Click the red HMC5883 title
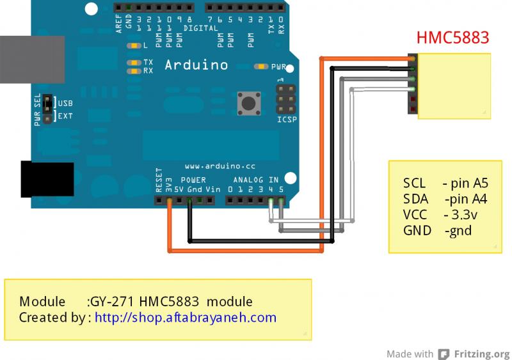(x=453, y=38)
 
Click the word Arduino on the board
(x=196, y=65)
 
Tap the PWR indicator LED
(x=261, y=66)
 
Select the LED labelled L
(x=134, y=46)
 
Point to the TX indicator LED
(x=134, y=62)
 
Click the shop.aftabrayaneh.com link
(x=186, y=317)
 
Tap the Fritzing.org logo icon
(x=443, y=354)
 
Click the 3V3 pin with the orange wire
(x=169, y=201)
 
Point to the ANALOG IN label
(x=256, y=180)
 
